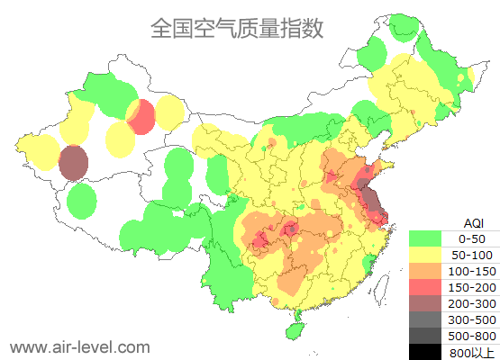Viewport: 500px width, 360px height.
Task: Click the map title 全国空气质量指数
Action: click(x=237, y=28)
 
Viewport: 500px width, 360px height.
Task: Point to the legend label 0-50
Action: click(x=472, y=238)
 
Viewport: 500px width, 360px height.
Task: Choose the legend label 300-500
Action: click(x=472, y=319)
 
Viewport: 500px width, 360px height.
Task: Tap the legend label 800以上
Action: click(x=472, y=352)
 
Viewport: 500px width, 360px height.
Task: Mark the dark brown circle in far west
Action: click(x=73, y=163)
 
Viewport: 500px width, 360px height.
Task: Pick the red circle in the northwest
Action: click(x=142, y=117)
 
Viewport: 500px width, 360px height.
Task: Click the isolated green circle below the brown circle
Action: click(x=82, y=201)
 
